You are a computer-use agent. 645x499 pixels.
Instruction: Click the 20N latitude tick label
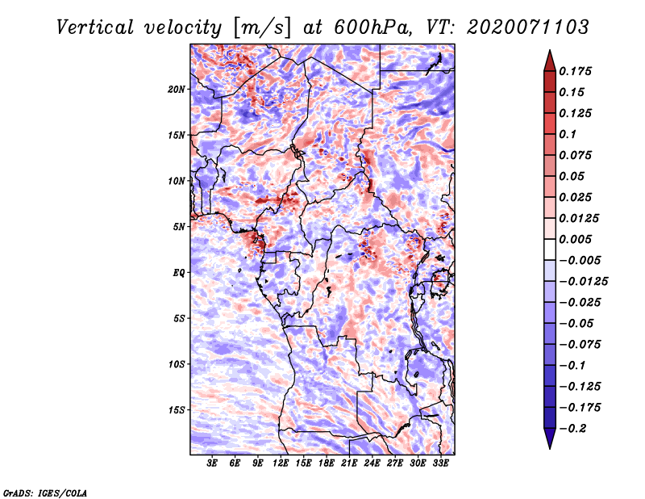click(x=177, y=89)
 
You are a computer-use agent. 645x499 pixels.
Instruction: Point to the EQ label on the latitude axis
click(x=178, y=273)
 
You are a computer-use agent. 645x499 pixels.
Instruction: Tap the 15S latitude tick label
click(x=177, y=410)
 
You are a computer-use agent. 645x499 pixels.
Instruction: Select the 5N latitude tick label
click(x=179, y=227)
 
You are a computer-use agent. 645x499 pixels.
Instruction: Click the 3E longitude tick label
click(x=212, y=463)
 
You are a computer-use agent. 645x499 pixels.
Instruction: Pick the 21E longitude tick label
click(x=349, y=463)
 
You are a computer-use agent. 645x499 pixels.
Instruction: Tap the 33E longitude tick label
click(x=440, y=463)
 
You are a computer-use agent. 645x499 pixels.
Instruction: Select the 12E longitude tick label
click(x=280, y=463)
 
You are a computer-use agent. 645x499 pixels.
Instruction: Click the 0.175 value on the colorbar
click(x=575, y=71)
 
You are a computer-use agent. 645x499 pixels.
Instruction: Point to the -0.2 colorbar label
click(x=572, y=429)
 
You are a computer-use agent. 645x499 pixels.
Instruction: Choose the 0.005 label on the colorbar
click(x=575, y=239)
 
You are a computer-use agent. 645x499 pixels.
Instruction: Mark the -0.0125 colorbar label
click(x=583, y=282)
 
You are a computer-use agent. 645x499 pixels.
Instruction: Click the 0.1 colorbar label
click(x=568, y=134)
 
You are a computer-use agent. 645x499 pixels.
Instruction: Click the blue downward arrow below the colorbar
click(x=550, y=438)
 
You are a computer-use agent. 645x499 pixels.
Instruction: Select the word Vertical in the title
click(x=95, y=27)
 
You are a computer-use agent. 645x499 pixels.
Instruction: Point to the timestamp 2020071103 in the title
click(x=527, y=27)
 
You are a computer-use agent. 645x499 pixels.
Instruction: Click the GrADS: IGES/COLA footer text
click(x=45, y=493)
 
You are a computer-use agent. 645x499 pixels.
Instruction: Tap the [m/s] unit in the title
click(x=263, y=27)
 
